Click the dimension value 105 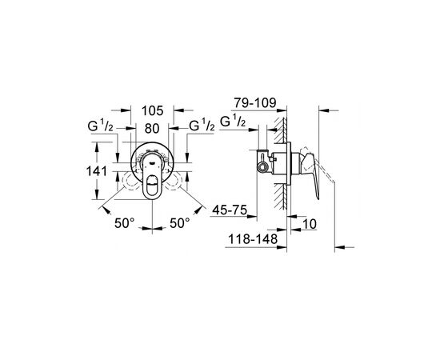click(x=152, y=110)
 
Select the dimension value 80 click(x=152, y=129)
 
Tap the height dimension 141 click(x=97, y=171)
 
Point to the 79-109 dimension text click(x=255, y=103)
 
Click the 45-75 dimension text click(x=230, y=210)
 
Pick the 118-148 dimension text click(x=253, y=239)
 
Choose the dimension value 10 click(x=310, y=224)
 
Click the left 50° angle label click(x=125, y=223)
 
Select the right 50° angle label click(x=180, y=223)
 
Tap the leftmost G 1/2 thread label click(x=100, y=126)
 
